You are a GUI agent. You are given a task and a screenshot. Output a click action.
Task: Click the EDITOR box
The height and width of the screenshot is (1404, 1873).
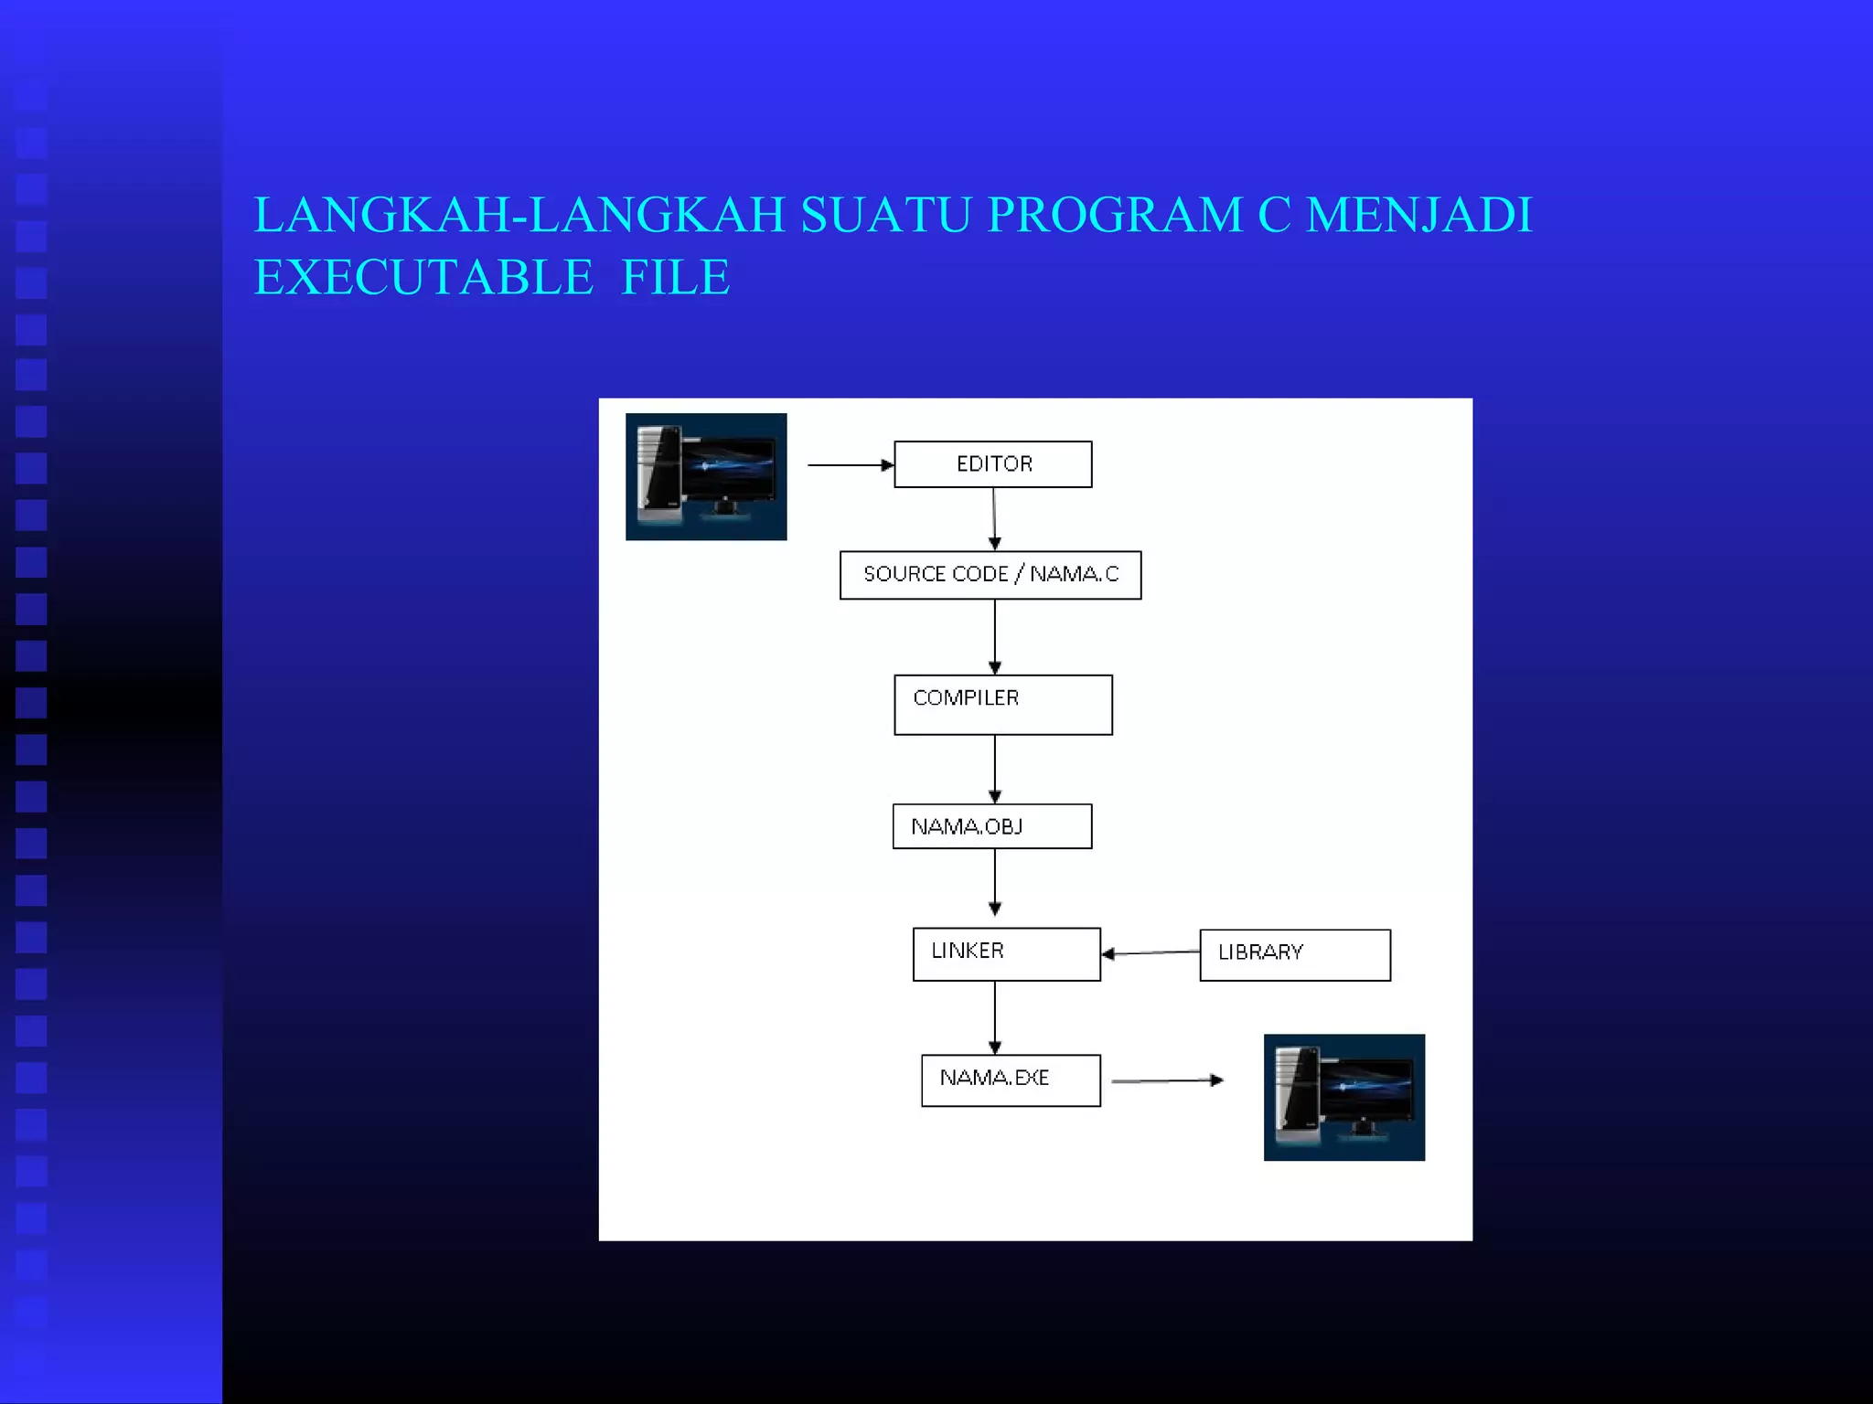(992, 464)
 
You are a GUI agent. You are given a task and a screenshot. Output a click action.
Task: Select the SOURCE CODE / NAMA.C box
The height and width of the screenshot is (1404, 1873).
(990, 575)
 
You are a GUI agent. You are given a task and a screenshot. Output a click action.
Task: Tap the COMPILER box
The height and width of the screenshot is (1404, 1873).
(1003, 705)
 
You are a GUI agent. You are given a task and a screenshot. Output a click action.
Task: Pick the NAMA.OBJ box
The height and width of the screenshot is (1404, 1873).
(992, 826)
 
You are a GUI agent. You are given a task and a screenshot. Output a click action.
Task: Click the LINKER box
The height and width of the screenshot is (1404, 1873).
(1006, 954)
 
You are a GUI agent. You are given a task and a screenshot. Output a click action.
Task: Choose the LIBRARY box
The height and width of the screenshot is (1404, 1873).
(1295, 955)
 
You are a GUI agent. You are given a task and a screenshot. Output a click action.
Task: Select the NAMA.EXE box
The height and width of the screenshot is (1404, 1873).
(1011, 1080)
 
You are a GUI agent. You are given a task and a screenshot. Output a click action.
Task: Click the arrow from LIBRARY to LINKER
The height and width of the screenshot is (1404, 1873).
(1151, 952)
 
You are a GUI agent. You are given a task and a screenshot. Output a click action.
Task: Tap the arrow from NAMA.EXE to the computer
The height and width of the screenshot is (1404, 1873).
(1167, 1080)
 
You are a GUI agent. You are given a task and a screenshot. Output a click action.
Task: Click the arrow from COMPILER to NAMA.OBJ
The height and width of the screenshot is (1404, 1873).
(995, 769)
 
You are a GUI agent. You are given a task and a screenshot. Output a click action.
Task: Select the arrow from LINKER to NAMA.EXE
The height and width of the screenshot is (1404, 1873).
(995, 1017)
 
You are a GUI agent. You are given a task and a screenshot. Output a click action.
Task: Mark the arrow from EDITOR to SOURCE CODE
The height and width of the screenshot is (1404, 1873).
(994, 518)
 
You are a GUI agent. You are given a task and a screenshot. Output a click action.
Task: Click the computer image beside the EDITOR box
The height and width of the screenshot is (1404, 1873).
(706, 476)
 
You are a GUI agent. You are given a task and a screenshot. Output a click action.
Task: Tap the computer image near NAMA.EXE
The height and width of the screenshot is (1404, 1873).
(1343, 1097)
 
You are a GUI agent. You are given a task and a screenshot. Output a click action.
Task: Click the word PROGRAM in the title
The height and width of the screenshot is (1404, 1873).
(1115, 216)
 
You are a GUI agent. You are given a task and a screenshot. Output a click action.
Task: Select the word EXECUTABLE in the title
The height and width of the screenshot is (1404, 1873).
(423, 278)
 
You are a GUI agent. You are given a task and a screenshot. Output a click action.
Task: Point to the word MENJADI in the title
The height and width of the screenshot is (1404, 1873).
(1418, 216)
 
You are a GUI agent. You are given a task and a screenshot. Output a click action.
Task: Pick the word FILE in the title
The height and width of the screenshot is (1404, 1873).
(675, 278)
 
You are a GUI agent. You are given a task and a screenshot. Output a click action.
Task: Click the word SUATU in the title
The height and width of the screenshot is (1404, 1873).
(885, 216)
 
